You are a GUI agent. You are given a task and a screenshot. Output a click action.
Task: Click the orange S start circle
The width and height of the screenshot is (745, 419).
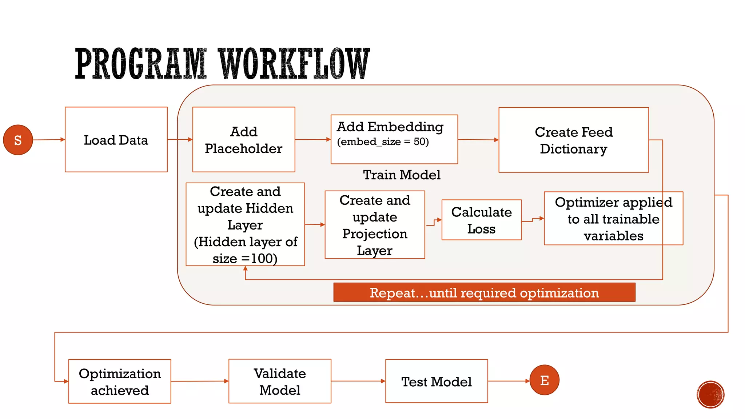point(18,140)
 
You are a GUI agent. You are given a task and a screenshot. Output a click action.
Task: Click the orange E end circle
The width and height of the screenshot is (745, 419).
point(544,380)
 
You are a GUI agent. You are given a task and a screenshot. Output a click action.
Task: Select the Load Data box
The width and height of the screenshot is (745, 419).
point(116,140)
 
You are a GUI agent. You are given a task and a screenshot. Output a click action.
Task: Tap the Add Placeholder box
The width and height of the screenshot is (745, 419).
point(243,140)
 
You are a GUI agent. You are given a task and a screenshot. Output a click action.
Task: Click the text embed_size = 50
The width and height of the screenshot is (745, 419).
point(383,142)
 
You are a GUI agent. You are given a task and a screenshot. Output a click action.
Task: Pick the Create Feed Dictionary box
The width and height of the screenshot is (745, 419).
point(573,140)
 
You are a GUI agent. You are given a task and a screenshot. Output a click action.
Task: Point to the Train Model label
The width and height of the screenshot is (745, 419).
point(402,175)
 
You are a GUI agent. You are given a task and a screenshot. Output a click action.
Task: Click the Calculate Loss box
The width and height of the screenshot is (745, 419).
point(481,220)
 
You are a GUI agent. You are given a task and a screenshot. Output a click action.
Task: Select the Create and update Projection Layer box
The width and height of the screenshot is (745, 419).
point(375,225)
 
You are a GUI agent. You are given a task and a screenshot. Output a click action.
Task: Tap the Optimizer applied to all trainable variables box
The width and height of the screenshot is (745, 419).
point(613,219)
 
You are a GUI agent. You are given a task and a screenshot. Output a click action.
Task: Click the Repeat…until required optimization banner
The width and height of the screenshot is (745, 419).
point(484,293)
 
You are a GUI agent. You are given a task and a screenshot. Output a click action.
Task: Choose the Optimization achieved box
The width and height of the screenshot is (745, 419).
point(120,382)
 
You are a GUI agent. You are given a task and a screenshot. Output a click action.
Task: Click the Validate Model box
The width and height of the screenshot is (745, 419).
point(280,382)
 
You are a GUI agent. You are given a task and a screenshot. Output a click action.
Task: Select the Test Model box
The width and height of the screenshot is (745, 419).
point(436,382)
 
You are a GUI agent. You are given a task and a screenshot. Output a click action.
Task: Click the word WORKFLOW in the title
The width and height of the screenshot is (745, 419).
point(295,64)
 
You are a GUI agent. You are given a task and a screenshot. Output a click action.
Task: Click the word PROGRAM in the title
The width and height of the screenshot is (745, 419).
point(141,64)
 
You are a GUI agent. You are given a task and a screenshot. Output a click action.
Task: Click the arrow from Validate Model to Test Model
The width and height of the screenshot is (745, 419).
point(358,381)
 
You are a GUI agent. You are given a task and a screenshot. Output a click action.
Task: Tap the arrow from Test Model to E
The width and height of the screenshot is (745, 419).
point(508,381)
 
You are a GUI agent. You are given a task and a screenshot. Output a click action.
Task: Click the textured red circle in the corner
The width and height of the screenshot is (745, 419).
point(710,395)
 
